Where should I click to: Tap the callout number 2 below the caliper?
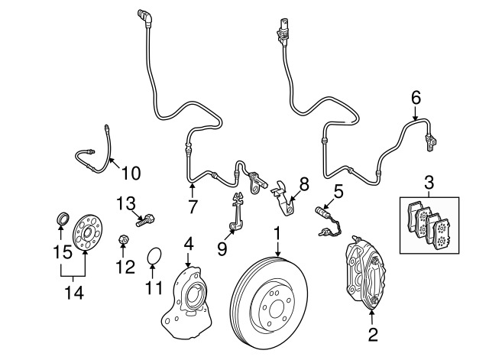(373, 334)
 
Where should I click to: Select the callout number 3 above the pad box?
(429, 182)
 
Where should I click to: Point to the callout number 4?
(188, 245)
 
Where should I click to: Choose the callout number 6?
(416, 97)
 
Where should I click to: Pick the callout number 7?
(193, 206)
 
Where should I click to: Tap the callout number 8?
(303, 183)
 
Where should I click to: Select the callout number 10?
(131, 174)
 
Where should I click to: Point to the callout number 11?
(155, 289)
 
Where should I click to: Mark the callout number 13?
(125, 203)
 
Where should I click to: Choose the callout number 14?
(74, 292)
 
